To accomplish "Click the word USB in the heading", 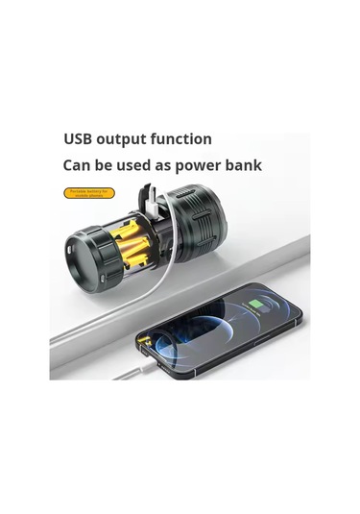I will pyautogui.click(x=80, y=139).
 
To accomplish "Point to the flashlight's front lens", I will pyautogui.click(x=78, y=258).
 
